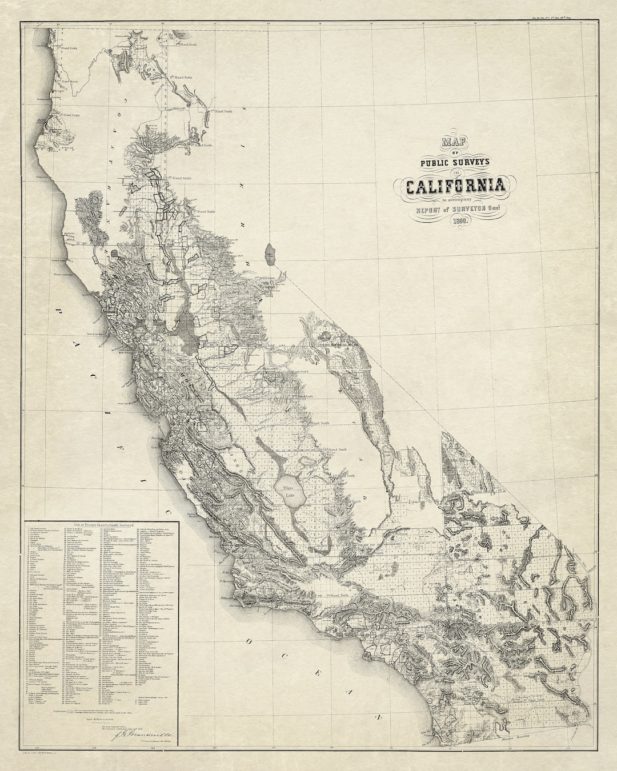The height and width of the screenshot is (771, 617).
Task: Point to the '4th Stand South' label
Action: pos(319,423)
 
